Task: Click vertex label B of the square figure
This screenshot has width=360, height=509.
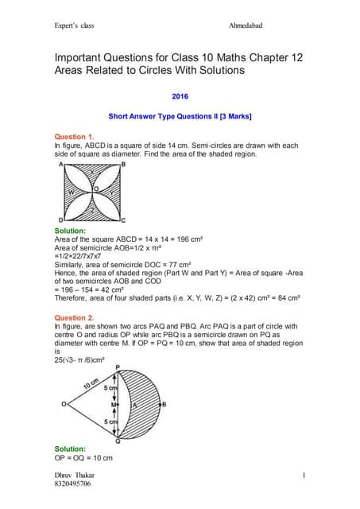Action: [x=122, y=164]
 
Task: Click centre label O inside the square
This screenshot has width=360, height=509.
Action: [x=95, y=188]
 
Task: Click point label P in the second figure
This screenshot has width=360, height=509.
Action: [x=118, y=367]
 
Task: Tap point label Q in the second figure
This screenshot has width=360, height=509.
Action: [x=118, y=441]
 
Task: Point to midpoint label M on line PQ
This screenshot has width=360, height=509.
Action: [x=114, y=405]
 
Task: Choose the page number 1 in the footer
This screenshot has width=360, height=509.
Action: [x=304, y=474]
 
